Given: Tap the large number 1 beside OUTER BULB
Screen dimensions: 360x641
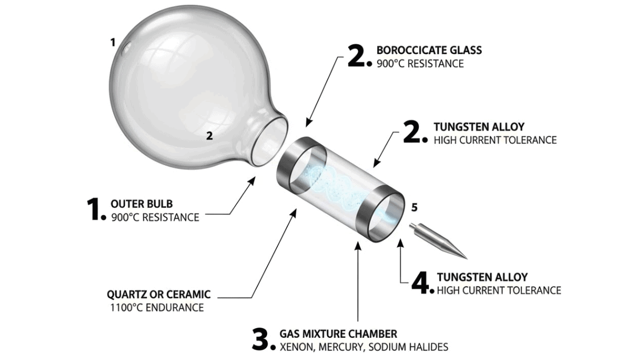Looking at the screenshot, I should pos(94,209).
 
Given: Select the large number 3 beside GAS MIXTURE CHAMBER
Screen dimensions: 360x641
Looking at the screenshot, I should pos(263,338).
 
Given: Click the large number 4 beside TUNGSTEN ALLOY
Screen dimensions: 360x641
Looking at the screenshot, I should pos(422,281).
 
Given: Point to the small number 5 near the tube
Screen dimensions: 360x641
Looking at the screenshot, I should pos(414,207).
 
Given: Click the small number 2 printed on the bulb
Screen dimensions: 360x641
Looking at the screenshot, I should pos(209,136).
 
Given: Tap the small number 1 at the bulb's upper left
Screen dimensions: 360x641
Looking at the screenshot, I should pos(113,42).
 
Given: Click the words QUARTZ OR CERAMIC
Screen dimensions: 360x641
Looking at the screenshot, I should pos(159,295).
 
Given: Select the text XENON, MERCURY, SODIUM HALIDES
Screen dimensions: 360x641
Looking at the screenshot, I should pos(363,347).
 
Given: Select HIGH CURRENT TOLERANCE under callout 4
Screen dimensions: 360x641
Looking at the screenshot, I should pos(499,290).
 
